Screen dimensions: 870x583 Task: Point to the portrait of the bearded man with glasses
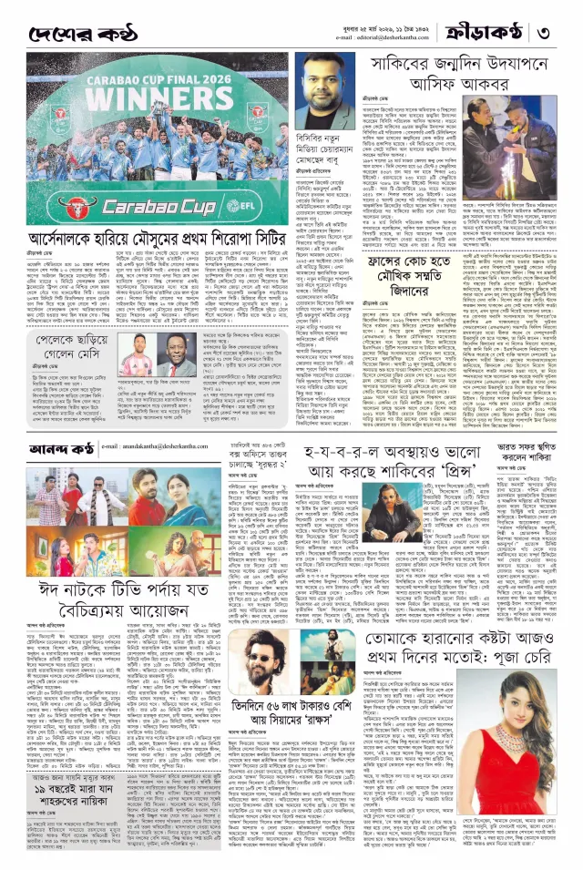(x=323, y=83)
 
